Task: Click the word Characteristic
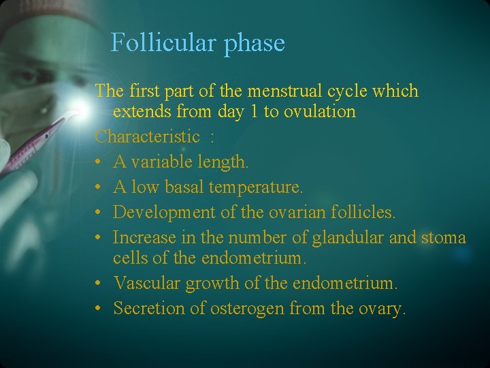click(147, 136)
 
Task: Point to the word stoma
click(444, 237)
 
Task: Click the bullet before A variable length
click(99, 162)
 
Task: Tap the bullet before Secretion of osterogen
click(99, 309)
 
